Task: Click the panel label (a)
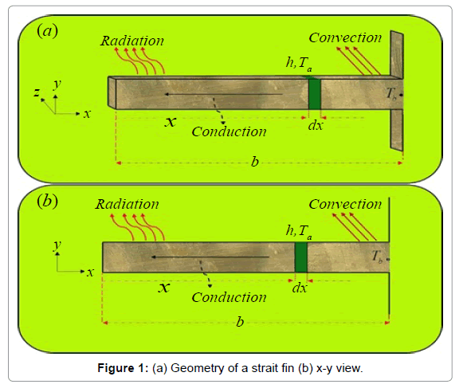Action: coord(47,31)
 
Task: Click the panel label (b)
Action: coord(47,202)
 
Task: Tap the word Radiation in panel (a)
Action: coord(132,41)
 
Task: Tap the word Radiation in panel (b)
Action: coord(127,204)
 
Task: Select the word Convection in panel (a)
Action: coord(345,37)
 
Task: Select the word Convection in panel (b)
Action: coord(345,204)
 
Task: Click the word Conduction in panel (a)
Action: coord(229,131)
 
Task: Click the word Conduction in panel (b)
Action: coord(229,297)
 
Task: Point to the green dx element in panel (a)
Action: coord(315,93)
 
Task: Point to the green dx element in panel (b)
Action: coord(301,257)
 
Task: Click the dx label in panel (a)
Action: coord(316,126)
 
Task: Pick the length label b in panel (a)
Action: coord(255,162)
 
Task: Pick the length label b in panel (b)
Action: coord(240,321)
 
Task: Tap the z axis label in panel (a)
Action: coord(37,92)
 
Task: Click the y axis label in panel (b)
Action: coord(57,245)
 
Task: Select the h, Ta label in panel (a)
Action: coord(299,64)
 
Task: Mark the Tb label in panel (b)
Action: coord(377,257)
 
